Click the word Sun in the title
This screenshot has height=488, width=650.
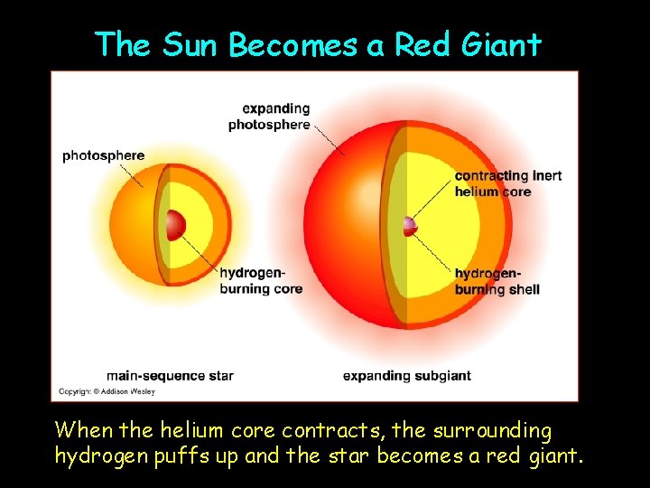(x=192, y=43)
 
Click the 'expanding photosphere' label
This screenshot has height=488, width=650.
(x=269, y=117)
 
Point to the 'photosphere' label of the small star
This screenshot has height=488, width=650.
(x=103, y=155)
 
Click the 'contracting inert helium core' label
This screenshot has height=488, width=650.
(x=507, y=183)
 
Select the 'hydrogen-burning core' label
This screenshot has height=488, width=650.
(x=260, y=281)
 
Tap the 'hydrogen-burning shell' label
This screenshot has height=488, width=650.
(x=497, y=281)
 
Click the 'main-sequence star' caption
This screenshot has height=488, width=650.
(x=170, y=375)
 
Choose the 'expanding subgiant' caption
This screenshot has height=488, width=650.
(x=406, y=375)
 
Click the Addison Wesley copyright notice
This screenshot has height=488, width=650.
(x=107, y=391)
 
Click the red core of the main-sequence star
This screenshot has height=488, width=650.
(x=174, y=224)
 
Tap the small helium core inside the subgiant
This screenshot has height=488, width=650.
(x=411, y=225)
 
